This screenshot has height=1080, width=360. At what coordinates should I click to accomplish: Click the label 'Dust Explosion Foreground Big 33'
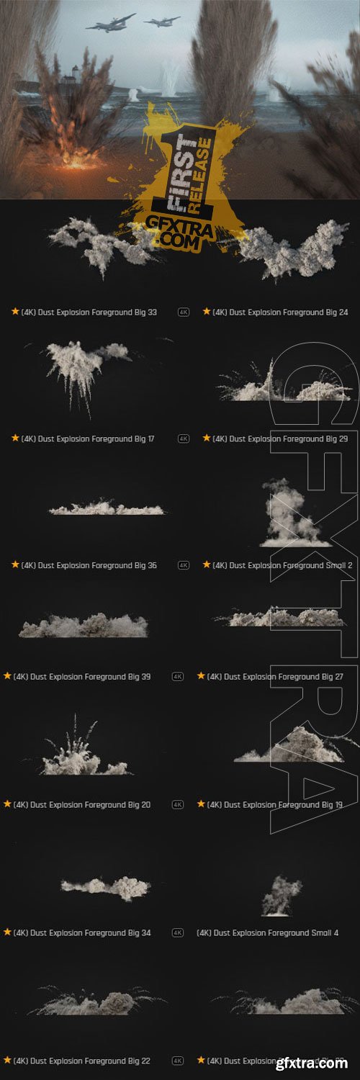[89, 312]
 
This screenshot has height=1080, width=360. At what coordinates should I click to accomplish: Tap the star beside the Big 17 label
[15, 438]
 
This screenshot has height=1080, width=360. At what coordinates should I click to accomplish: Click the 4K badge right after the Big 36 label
[184, 565]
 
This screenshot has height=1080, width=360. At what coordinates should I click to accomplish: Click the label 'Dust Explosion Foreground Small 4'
[267, 932]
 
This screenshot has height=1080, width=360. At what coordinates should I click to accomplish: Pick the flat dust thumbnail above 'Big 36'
[107, 508]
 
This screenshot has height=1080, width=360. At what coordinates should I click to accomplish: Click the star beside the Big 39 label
[7, 676]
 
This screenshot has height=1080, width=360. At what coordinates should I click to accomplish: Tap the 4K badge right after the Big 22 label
[178, 1061]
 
